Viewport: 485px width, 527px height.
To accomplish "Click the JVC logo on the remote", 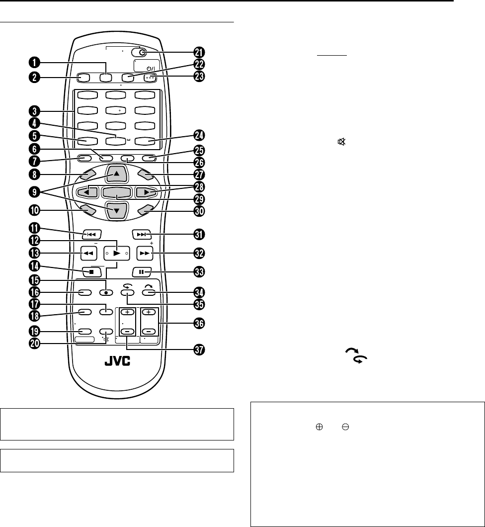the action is (x=118, y=362).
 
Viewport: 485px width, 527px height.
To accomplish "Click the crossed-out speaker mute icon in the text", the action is (x=341, y=142).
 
